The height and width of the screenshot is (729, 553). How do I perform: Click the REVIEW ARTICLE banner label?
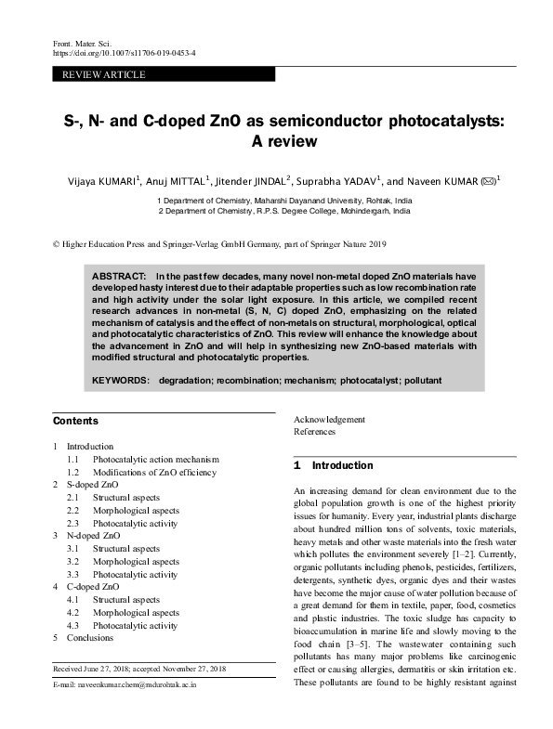pos(96,72)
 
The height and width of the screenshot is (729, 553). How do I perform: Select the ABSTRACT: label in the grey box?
pos(118,277)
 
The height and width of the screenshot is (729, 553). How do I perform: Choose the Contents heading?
pos(75,420)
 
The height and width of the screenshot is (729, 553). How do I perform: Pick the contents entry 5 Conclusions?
pos(94,639)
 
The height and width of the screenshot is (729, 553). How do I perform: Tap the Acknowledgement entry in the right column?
pos(329,419)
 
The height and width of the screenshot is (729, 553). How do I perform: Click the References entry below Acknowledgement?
pos(315,432)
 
